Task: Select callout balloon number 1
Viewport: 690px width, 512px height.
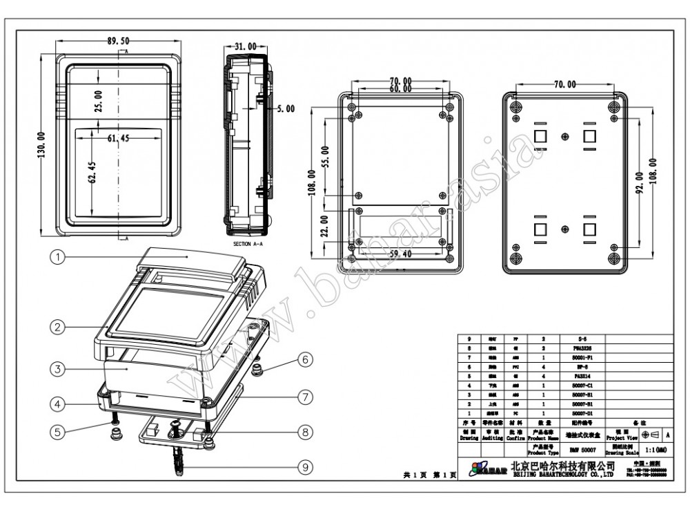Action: click(x=58, y=256)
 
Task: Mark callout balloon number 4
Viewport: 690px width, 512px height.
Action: click(x=58, y=402)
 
